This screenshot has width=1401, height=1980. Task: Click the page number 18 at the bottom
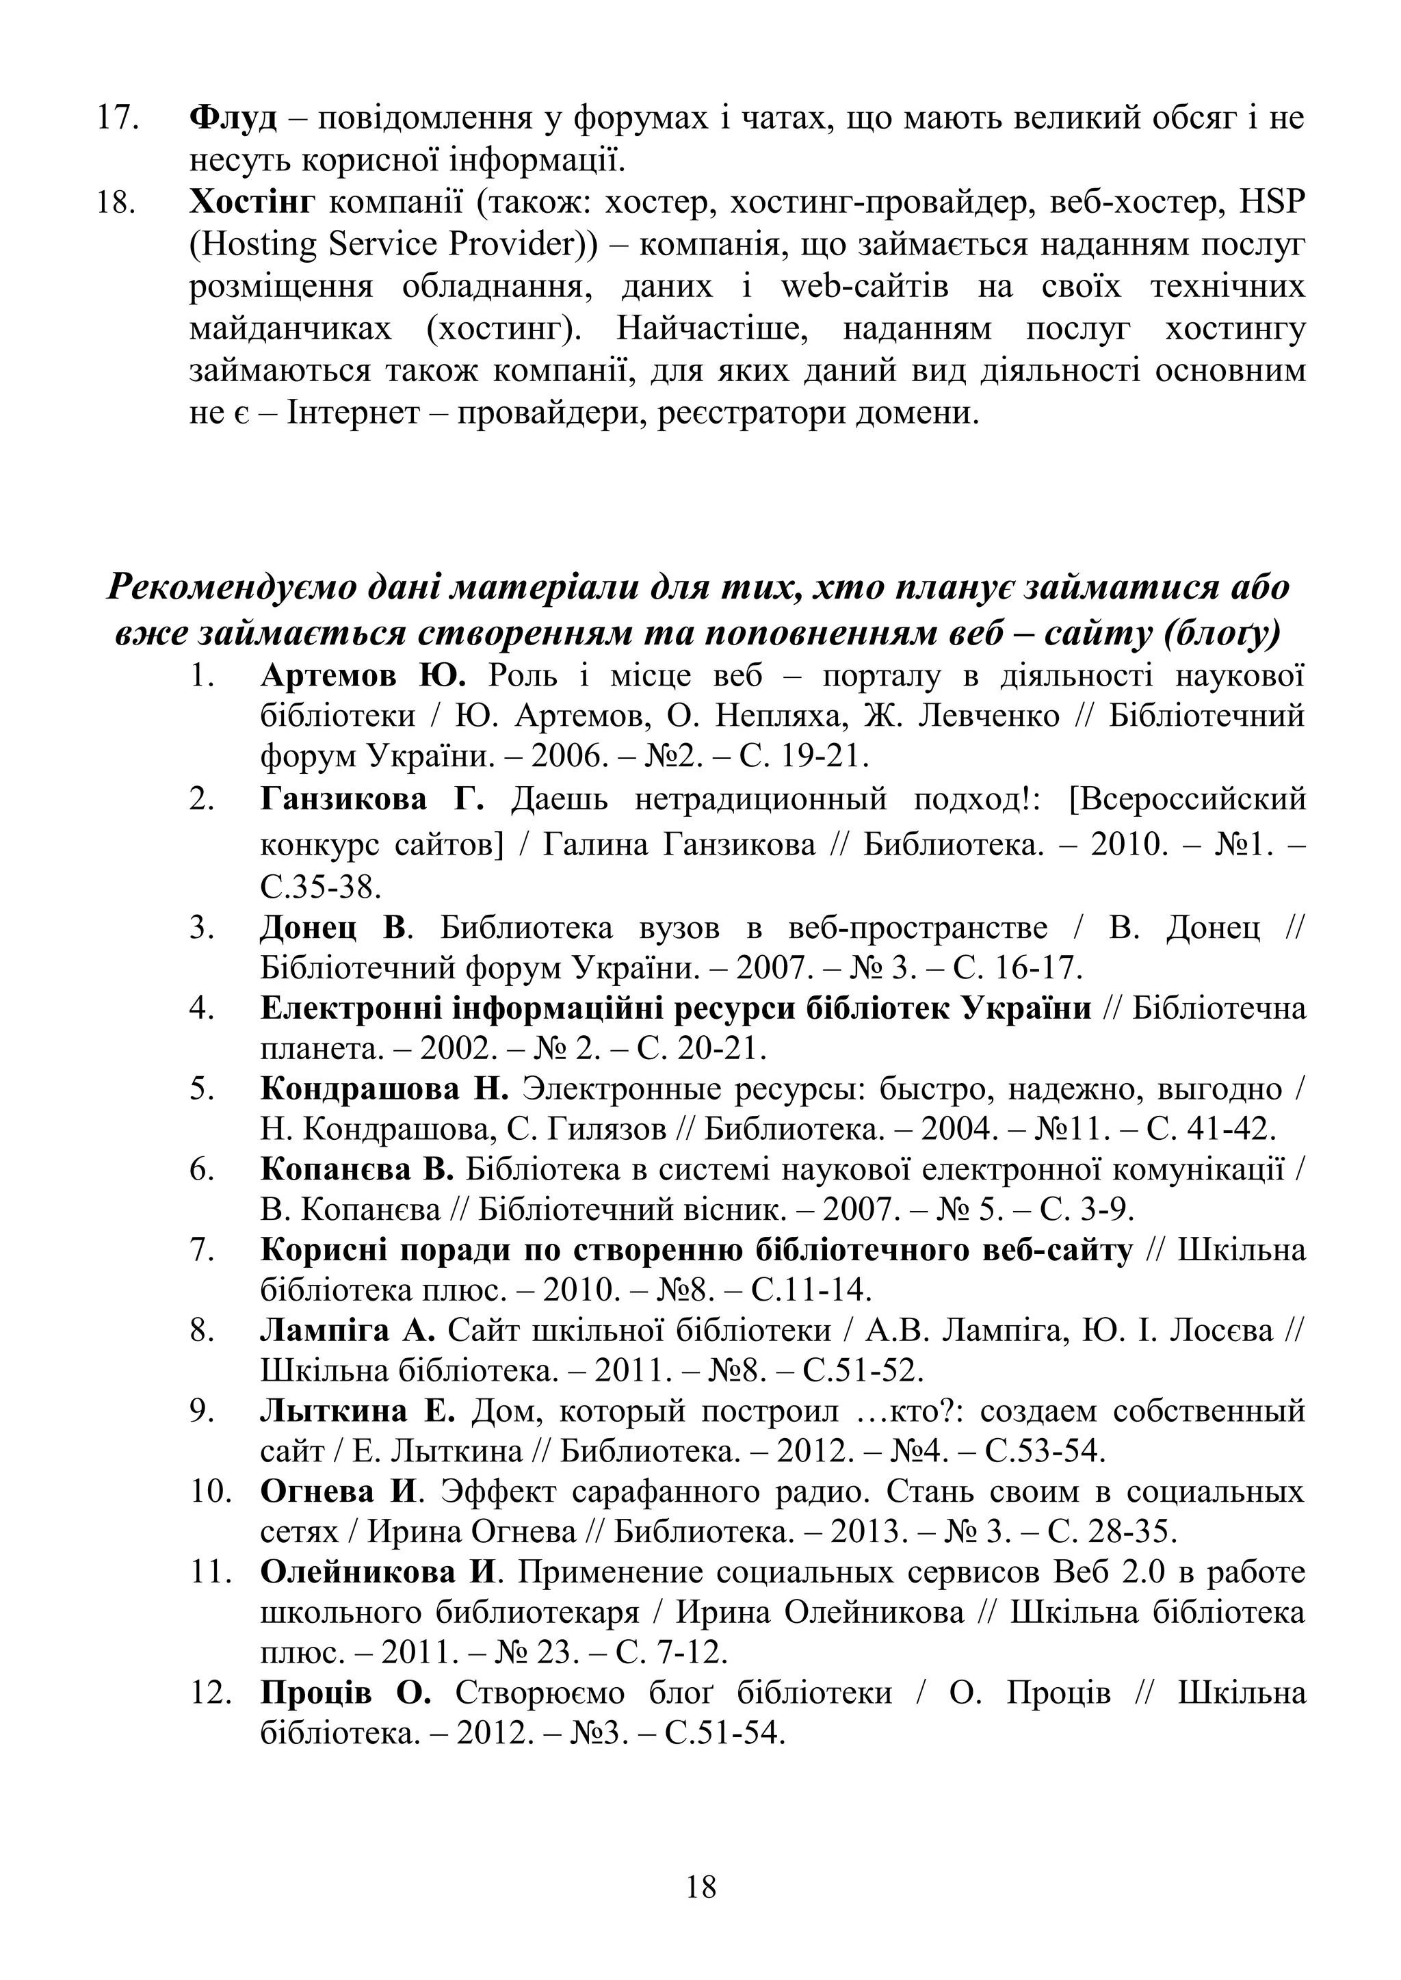click(x=700, y=1887)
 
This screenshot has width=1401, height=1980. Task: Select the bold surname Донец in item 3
click(x=309, y=928)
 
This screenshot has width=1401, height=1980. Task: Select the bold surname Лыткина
click(x=333, y=1411)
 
